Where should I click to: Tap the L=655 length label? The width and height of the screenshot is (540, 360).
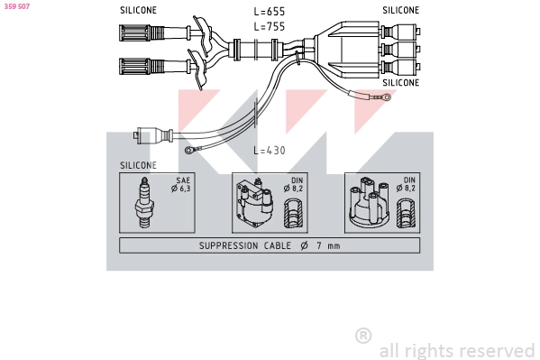270,12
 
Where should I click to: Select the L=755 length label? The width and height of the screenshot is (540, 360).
270,26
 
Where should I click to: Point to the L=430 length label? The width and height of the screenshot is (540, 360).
269,150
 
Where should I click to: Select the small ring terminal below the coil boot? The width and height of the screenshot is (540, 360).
189,150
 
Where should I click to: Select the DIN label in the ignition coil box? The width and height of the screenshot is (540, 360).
295,180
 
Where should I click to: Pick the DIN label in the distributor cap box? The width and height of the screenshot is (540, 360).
409,180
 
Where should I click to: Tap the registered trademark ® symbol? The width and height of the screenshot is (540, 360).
363,336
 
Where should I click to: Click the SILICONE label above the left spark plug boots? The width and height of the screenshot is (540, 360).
138,10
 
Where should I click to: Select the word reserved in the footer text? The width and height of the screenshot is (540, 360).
497,350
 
